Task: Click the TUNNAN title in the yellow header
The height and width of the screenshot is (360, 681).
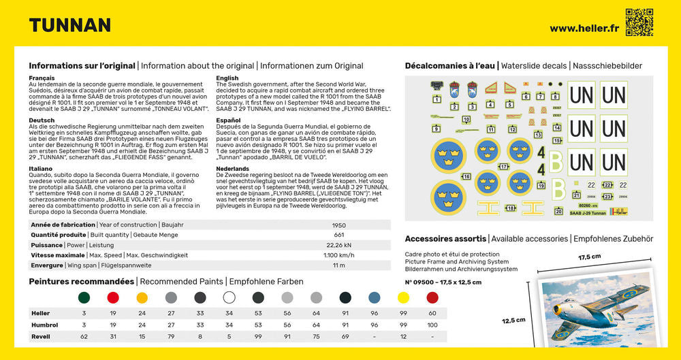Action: (70, 26)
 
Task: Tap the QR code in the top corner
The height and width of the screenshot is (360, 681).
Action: (639, 22)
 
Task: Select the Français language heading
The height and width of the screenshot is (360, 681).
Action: (42, 78)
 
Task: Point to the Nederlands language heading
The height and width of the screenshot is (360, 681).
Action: (232, 168)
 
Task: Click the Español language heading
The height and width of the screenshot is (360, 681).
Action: (229, 120)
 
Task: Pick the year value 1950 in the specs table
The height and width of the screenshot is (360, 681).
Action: (338, 225)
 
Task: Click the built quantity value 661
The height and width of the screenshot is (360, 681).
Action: (338, 235)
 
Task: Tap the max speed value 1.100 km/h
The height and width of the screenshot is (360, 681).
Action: (338, 255)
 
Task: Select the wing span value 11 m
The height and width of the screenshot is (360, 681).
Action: (338, 265)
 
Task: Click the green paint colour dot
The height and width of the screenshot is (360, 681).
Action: (84, 297)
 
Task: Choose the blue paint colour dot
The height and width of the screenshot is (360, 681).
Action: (374, 297)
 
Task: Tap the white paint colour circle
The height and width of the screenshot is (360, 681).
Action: (229, 297)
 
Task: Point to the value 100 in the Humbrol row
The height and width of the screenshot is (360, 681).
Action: (432, 325)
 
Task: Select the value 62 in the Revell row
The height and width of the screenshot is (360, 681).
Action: (84, 337)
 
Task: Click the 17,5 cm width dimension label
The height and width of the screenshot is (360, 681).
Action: (590, 257)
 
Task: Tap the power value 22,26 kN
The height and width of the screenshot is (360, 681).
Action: (338, 245)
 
